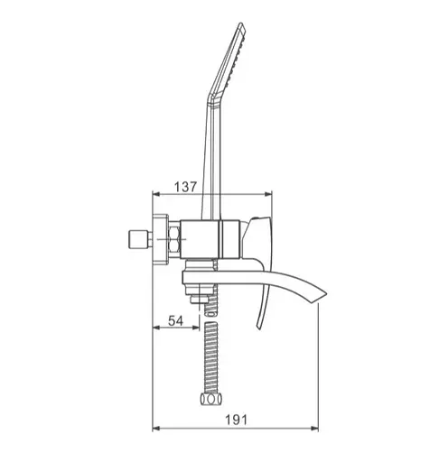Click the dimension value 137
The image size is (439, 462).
tap(185, 187)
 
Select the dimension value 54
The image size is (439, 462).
tap(175, 321)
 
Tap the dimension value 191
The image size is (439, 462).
tap(237, 420)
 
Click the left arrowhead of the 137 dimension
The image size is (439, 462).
tap(156, 194)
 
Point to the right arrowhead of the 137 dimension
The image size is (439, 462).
tap(268, 194)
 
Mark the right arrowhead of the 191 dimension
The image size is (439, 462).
tap(315, 429)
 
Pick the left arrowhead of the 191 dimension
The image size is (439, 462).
tap(156, 429)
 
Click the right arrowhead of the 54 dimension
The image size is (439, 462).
tap(196, 328)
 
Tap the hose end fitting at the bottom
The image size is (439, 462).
tap(211, 399)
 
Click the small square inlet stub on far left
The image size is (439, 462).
tap(138, 239)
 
